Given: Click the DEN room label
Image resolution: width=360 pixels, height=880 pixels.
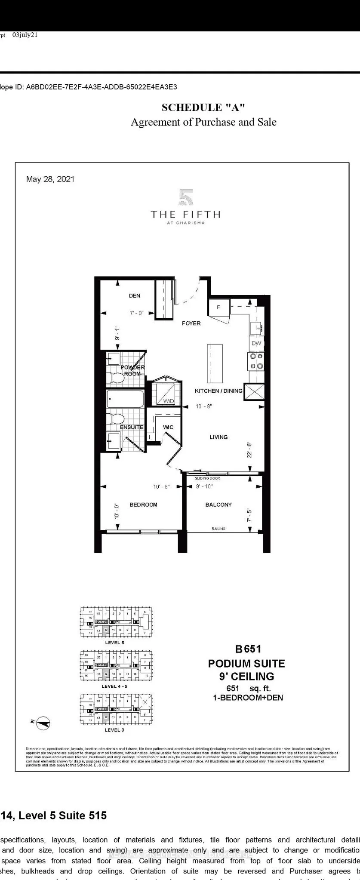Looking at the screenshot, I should (134, 295).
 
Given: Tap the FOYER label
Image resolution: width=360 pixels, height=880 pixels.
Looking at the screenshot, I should (191, 323).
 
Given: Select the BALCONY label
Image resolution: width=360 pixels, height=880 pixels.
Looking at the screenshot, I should (218, 505).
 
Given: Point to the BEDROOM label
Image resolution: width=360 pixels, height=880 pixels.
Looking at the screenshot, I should (143, 505).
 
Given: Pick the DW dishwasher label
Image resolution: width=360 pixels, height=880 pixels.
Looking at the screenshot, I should (256, 343).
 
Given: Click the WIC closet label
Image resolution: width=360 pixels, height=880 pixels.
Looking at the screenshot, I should (168, 427).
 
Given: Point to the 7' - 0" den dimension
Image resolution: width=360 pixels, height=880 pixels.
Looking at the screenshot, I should (136, 314).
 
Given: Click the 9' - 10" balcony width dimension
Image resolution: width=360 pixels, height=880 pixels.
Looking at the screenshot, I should (204, 486).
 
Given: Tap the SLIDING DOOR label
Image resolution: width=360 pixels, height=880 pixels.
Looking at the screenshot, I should (207, 478).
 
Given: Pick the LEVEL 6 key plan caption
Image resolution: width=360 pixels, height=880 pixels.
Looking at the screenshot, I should (114, 643).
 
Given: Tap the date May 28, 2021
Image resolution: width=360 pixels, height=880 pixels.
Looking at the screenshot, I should (50, 179).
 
